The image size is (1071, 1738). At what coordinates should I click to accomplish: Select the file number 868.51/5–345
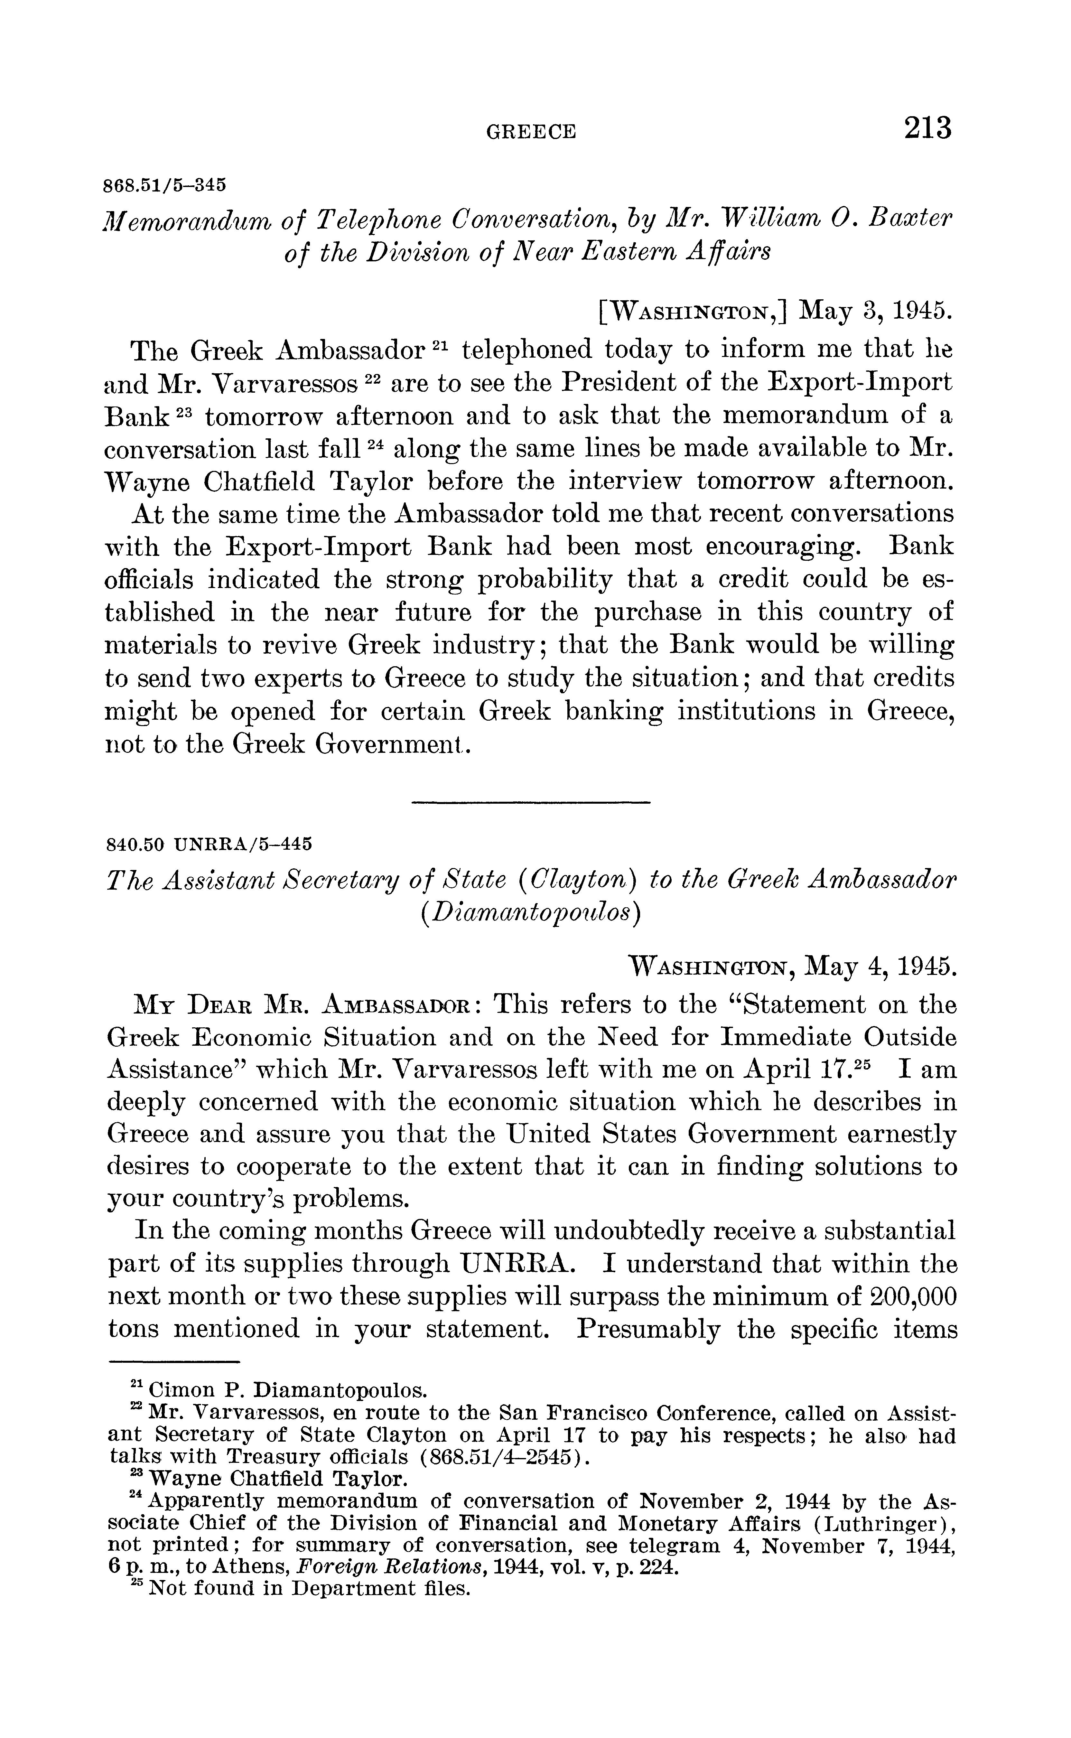[x=165, y=186]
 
